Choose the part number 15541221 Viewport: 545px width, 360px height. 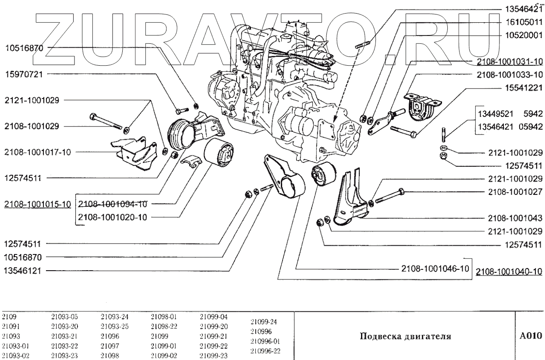click(522, 88)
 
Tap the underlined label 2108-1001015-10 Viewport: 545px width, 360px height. click(38, 205)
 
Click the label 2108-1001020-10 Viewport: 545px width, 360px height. click(112, 217)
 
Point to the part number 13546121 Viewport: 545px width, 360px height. click(23, 270)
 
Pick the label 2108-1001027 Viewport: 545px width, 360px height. click(515, 191)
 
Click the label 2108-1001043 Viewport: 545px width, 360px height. click(515, 218)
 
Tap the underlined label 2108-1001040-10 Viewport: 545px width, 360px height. click(510, 272)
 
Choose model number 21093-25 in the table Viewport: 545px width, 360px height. click(112, 326)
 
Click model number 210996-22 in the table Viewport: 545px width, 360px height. click(265, 351)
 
